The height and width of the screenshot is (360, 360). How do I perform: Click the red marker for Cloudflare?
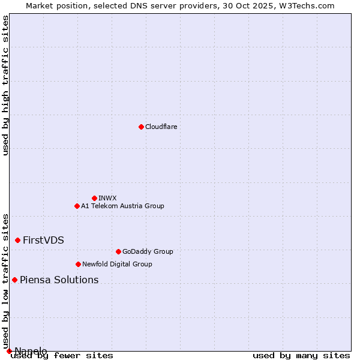(141, 127)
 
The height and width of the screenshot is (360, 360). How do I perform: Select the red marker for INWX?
(94, 198)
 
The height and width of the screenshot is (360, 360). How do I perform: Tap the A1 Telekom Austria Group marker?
(77, 206)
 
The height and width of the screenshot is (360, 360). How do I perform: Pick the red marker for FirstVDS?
(17, 240)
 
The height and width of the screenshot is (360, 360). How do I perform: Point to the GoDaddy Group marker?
(118, 251)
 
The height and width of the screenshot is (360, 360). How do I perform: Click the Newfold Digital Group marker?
(78, 264)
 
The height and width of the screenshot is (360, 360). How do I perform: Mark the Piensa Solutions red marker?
(14, 280)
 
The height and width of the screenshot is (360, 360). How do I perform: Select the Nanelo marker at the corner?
(9, 351)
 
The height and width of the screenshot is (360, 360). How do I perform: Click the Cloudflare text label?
(161, 127)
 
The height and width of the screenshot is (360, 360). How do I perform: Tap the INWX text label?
(107, 198)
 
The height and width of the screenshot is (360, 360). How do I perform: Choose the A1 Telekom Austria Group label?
(122, 206)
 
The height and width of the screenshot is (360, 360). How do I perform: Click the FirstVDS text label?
(43, 240)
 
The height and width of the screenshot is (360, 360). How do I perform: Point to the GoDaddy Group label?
(148, 251)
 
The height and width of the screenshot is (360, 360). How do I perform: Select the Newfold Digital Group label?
(117, 264)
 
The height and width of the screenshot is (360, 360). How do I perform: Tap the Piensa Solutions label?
(59, 280)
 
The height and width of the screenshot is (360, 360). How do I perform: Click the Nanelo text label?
(31, 351)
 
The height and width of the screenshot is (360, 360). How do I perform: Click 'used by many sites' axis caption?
(301, 355)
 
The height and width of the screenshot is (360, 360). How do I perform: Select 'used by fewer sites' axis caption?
(62, 355)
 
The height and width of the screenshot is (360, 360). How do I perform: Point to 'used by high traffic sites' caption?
(5, 85)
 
